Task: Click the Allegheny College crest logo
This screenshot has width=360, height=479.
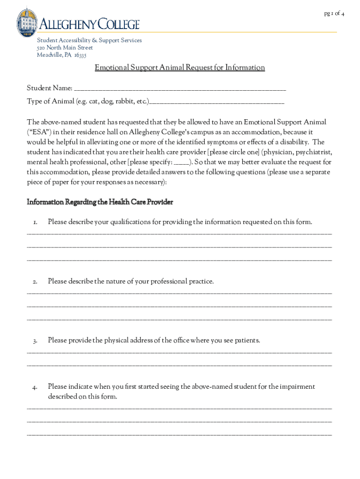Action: point(27,22)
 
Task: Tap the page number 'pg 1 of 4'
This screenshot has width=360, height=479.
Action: point(334,13)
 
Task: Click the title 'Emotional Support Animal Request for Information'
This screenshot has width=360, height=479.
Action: point(180,68)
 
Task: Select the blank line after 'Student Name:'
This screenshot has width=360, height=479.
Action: point(180,89)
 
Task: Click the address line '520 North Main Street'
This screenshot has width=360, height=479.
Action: point(65,48)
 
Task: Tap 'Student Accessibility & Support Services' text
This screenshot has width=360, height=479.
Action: point(89,40)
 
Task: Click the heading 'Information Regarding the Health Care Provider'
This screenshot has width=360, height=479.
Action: point(100,202)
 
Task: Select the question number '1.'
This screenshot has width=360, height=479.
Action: point(35,222)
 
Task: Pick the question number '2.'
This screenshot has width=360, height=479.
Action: point(35,282)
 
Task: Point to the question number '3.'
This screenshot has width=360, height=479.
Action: point(35,341)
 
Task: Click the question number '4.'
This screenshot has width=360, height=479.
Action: point(35,387)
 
